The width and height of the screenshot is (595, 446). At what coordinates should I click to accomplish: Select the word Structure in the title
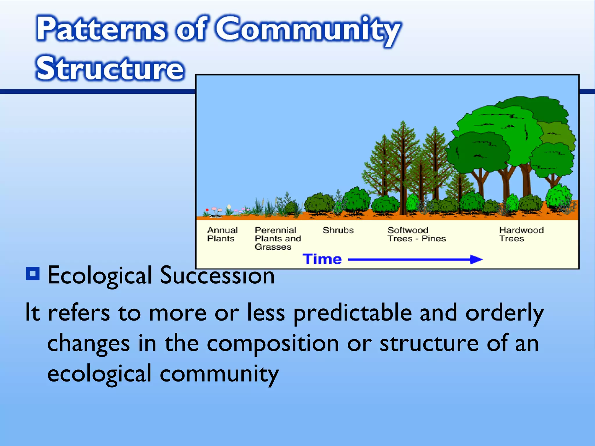pyautogui.click(x=110, y=69)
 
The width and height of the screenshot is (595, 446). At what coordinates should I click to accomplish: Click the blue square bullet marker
pyautogui.click(x=33, y=274)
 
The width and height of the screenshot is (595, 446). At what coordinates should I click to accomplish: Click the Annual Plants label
pyautogui.click(x=222, y=234)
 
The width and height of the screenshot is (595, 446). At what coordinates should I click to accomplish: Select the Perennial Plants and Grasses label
pyautogui.click(x=277, y=238)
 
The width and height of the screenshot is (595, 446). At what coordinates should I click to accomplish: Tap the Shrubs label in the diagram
pyautogui.click(x=338, y=230)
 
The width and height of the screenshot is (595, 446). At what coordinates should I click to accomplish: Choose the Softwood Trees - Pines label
pyautogui.click(x=416, y=234)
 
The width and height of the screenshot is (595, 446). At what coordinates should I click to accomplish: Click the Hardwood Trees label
pyautogui.click(x=521, y=234)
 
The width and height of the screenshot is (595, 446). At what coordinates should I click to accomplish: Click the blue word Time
pyautogui.click(x=322, y=259)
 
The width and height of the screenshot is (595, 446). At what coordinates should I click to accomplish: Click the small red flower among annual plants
pyautogui.click(x=207, y=210)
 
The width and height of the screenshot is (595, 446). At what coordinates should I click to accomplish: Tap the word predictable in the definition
pyautogui.click(x=352, y=313)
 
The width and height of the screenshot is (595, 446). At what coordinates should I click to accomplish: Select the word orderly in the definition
pyautogui.click(x=504, y=313)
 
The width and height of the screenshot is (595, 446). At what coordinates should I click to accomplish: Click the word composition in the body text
pyautogui.click(x=273, y=343)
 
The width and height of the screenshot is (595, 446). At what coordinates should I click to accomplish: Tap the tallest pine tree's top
pyautogui.click(x=403, y=123)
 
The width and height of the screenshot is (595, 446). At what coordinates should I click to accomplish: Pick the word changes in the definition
pyautogui.click(x=88, y=344)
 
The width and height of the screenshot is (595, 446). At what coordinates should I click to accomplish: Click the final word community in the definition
pyautogui.click(x=219, y=374)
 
